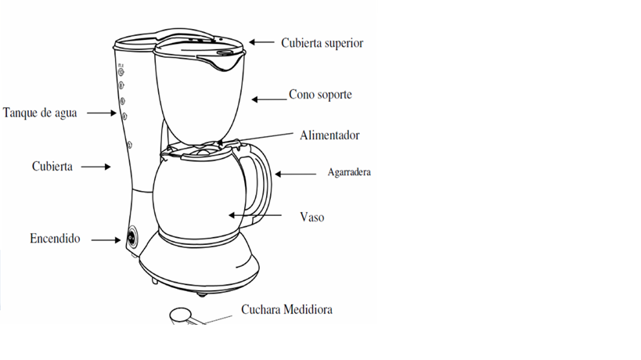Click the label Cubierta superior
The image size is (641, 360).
pyautogui.click(x=322, y=43)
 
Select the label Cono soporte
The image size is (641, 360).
pyautogui.click(x=320, y=95)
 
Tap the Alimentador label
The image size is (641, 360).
pyautogui.click(x=330, y=135)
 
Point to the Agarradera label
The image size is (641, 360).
pyautogui.click(x=348, y=172)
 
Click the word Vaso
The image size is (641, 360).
pyautogui.click(x=311, y=216)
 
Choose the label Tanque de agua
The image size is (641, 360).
pyautogui.click(x=40, y=112)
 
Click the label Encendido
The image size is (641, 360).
pyautogui.click(x=55, y=238)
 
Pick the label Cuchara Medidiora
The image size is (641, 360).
pyautogui.click(x=286, y=309)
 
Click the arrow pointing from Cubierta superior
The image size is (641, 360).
pyautogui.click(x=263, y=42)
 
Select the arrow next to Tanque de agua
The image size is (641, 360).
pyautogui.click(x=101, y=113)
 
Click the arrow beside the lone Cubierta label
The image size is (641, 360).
pyautogui.click(x=96, y=166)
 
